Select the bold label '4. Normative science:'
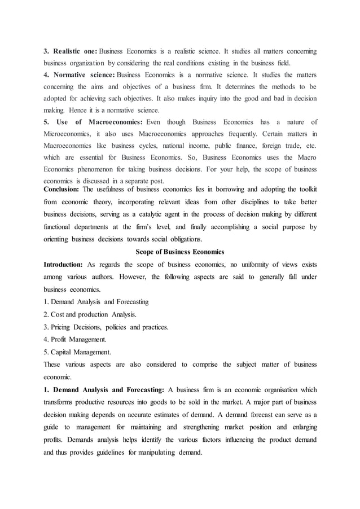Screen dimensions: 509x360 [x=79, y=76]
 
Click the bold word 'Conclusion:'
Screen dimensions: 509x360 [x=63, y=190]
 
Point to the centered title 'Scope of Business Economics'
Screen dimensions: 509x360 [x=180, y=251]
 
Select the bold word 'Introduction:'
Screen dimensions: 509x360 [x=64, y=265]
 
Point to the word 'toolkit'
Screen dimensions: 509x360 [x=305, y=190]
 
